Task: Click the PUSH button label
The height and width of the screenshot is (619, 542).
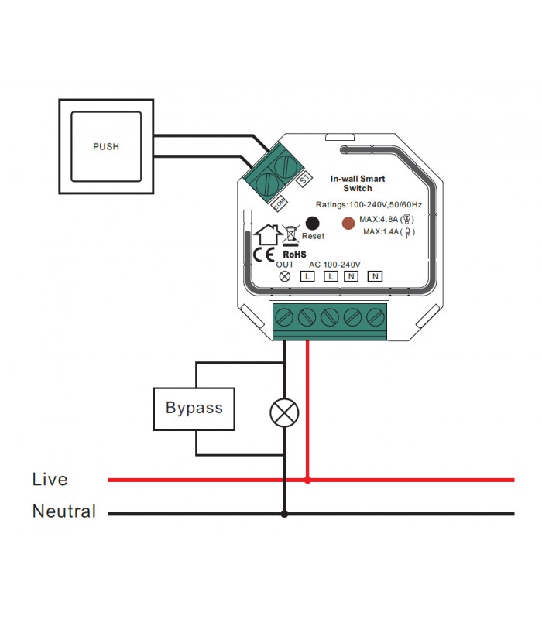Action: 106,146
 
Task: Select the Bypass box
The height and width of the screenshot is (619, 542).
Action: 194,407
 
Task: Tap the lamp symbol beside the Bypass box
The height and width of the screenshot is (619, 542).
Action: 284,412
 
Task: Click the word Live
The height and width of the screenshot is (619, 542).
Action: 50,480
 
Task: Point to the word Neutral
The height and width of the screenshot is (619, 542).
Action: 64,511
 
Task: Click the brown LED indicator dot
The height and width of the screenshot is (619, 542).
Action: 349,224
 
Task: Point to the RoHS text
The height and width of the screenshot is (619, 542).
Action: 295,253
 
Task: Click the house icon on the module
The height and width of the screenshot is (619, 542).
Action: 268,233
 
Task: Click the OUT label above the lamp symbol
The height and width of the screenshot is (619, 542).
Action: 284,265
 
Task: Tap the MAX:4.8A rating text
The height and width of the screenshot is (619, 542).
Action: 384,220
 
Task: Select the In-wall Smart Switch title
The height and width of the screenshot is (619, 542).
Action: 357,183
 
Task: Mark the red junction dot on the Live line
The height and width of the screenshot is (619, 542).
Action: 308,480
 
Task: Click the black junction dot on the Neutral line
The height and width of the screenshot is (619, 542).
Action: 284,513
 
